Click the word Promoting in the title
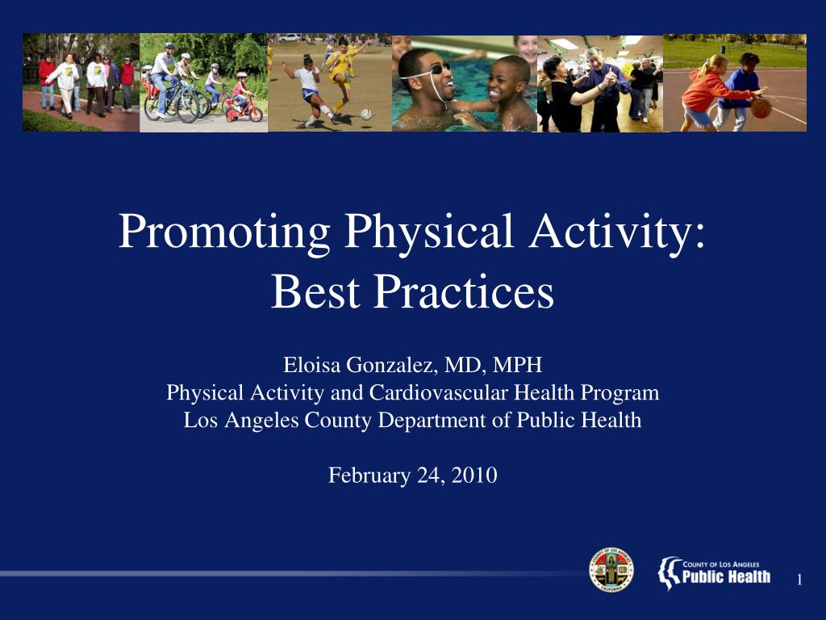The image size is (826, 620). point(224,232)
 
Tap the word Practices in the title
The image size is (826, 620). point(464,291)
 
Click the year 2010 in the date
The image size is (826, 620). point(474,475)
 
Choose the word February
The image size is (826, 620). point(369,476)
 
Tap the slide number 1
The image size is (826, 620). point(799,580)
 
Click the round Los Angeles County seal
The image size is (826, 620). point(611,570)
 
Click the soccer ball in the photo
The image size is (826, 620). point(366,114)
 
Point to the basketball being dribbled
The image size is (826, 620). point(761,107)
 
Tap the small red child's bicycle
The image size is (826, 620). point(244,110)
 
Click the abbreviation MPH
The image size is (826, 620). point(517,365)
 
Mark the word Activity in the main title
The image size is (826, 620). point(617,232)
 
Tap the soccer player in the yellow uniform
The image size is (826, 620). point(341,77)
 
